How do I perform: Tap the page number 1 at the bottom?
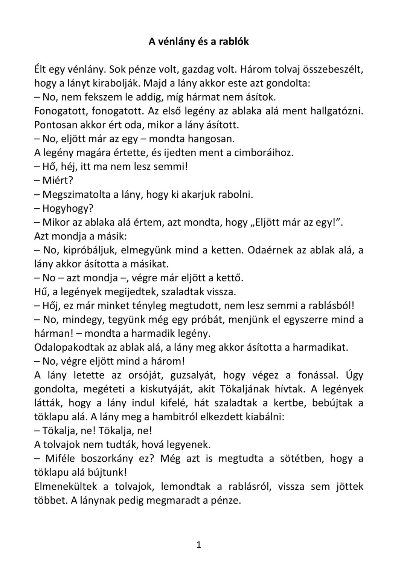(x=199, y=545)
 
